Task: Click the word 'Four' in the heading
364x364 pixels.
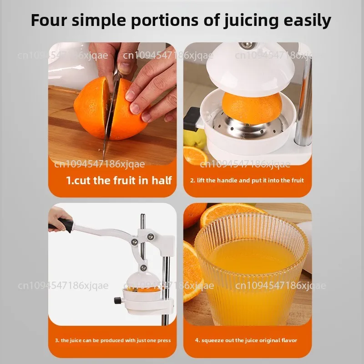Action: point(49,20)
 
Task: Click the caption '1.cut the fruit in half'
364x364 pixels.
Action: point(119,180)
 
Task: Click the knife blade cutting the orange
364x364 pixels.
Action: point(109,116)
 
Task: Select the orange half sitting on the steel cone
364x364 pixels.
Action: point(252,107)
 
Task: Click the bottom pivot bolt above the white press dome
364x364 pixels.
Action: point(144,268)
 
